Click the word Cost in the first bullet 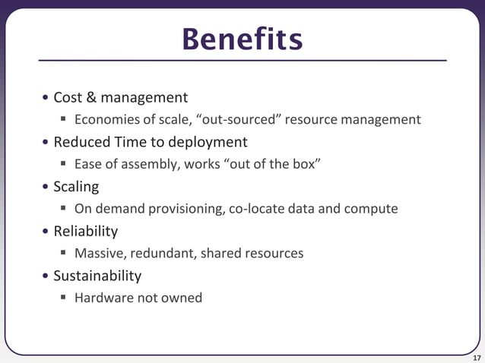[x=68, y=97]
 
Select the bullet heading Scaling [x=76, y=187]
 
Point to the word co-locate [x=258, y=209]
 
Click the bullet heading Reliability [x=85, y=231]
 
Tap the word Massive [x=100, y=253]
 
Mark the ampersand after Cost [x=91, y=97]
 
